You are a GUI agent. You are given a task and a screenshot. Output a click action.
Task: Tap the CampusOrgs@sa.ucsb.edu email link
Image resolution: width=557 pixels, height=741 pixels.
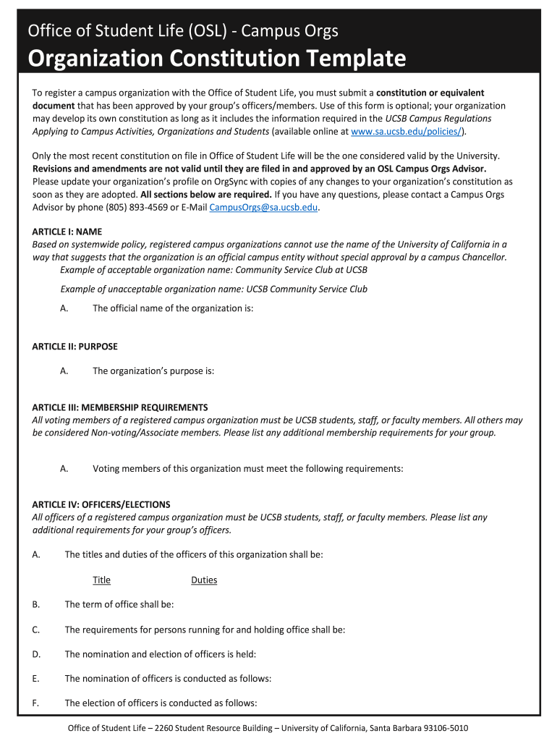coord(263,207)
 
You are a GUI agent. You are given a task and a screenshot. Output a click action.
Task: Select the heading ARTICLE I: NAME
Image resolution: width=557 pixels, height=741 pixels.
coord(67,232)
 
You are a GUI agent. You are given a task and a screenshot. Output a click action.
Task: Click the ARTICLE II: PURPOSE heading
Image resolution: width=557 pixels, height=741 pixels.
coord(75,347)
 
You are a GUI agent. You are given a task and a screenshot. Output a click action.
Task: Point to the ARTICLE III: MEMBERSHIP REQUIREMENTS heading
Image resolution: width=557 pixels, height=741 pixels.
coord(120,407)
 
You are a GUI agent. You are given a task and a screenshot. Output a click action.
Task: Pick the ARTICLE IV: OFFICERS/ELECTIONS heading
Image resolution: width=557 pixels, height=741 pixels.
coord(101,504)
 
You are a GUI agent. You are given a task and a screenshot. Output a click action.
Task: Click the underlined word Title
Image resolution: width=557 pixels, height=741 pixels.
coord(101,580)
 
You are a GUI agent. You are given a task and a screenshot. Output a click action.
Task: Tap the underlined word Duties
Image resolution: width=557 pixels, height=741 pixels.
coord(204,580)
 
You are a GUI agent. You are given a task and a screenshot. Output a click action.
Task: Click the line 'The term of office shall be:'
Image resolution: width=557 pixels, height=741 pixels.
coord(119,604)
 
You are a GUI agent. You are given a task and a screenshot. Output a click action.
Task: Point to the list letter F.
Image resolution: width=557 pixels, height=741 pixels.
coord(35,703)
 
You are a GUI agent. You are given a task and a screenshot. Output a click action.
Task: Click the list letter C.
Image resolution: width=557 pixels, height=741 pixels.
coord(35,630)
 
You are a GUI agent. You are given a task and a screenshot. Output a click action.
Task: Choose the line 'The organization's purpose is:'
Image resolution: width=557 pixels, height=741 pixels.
coord(153,371)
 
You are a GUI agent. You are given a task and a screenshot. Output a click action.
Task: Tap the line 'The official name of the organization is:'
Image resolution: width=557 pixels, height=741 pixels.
coord(173,308)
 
